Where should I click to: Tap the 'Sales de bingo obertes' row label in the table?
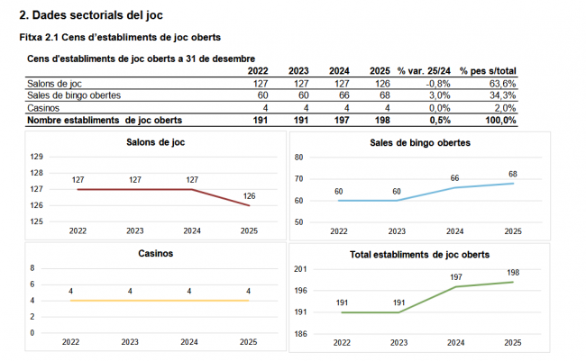click(74, 95)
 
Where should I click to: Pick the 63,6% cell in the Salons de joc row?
click(502, 84)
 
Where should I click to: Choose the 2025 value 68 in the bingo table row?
click(383, 95)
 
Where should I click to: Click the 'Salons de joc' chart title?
click(157, 142)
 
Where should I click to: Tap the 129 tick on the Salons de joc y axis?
click(37, 157)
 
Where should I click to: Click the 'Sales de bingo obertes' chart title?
click(419, 143)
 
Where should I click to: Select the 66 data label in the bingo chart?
click(454, 178)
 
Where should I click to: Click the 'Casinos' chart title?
click(156, 254)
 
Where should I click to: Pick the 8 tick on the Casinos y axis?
click(33, 268)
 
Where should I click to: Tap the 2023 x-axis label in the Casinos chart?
click(131, 342)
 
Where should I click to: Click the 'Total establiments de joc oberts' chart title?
click(419, 255)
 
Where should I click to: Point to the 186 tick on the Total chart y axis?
click(300, 334)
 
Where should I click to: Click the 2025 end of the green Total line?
click(513, 282)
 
